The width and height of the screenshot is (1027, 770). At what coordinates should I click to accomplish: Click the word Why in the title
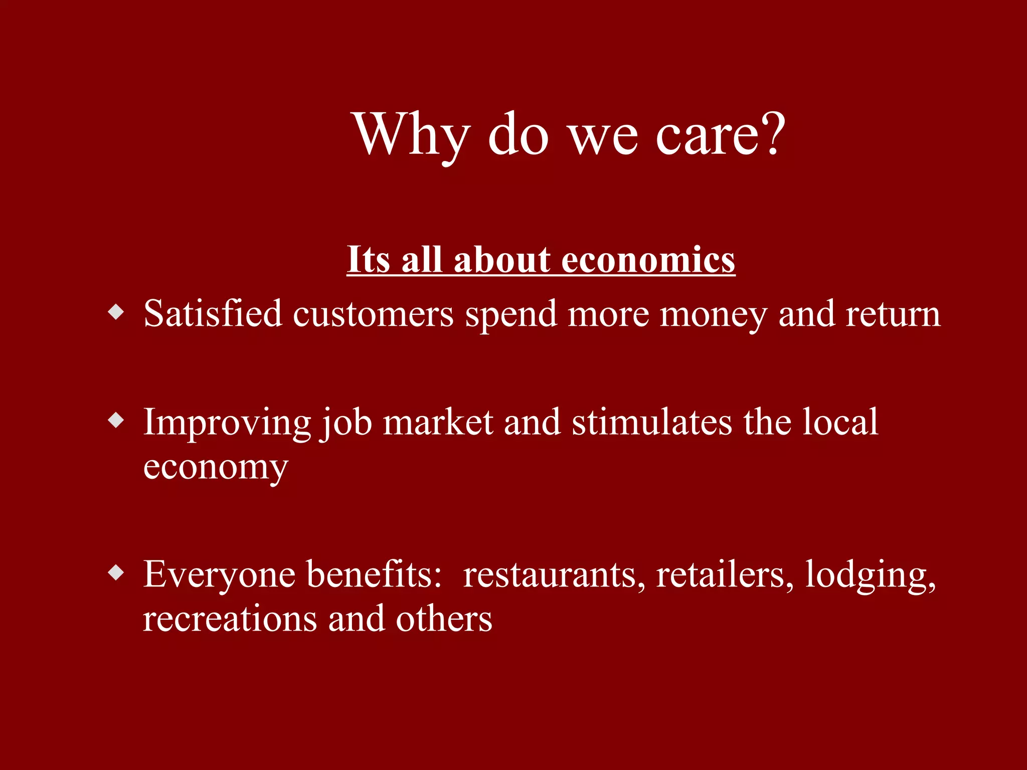pos(411,134)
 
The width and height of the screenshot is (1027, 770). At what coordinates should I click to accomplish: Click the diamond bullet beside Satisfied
pos(116,312)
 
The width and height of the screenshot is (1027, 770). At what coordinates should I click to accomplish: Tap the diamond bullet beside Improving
pos(116,420)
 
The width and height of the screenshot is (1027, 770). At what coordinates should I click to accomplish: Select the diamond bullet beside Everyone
pos(116,572)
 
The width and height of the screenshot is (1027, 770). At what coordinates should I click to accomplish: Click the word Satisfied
pos(213,314)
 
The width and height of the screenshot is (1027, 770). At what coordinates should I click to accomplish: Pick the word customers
pos(373,315)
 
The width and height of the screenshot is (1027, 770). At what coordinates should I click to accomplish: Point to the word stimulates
pos(652,422)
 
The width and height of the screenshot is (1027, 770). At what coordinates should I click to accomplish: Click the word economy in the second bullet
pos(216,468)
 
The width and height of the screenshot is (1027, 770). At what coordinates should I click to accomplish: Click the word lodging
pos(871,575)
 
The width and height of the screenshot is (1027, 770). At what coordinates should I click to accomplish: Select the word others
pos(443,619)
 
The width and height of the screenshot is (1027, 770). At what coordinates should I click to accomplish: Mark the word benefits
pos(374,573)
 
